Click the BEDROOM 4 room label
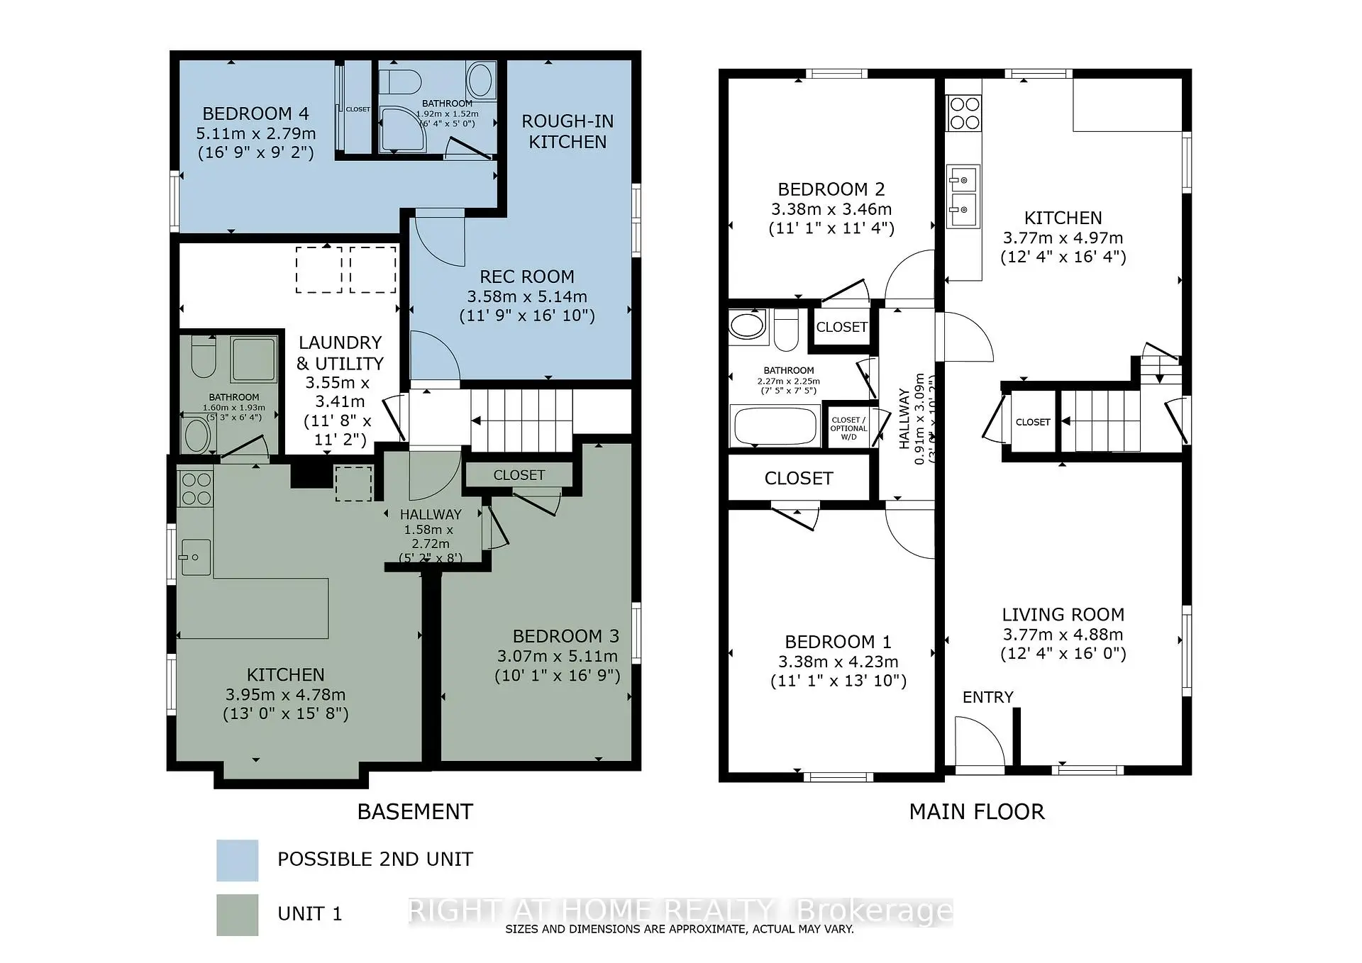255,113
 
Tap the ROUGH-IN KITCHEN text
567,131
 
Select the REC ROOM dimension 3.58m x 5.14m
526,296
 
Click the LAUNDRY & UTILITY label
340,353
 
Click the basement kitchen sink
194,557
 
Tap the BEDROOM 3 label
565,636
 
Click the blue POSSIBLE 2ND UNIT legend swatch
237,859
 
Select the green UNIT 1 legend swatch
237,914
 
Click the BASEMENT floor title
415,812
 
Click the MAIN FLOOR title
977,812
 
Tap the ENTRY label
987,697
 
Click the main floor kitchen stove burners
964,113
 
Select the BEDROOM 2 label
831,189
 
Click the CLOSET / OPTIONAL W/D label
848,428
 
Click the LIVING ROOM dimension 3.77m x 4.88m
1063,635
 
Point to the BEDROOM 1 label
838,642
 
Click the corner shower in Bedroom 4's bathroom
402,129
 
